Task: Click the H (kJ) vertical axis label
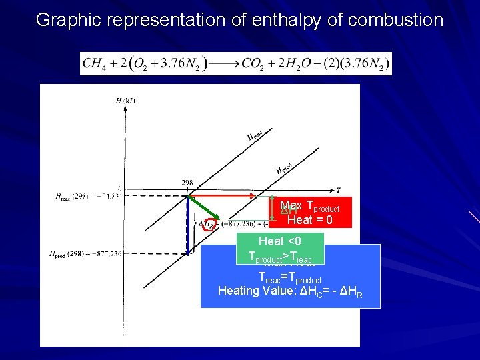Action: (125, 101)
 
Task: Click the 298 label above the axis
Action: (188, 183)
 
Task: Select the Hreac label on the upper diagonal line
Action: (255, 135)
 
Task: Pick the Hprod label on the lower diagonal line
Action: (284, 166)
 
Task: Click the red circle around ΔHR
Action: (209, 225)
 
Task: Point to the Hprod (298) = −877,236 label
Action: (85, 254)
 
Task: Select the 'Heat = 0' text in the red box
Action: (309, 220)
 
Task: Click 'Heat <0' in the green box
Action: (280, 241)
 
